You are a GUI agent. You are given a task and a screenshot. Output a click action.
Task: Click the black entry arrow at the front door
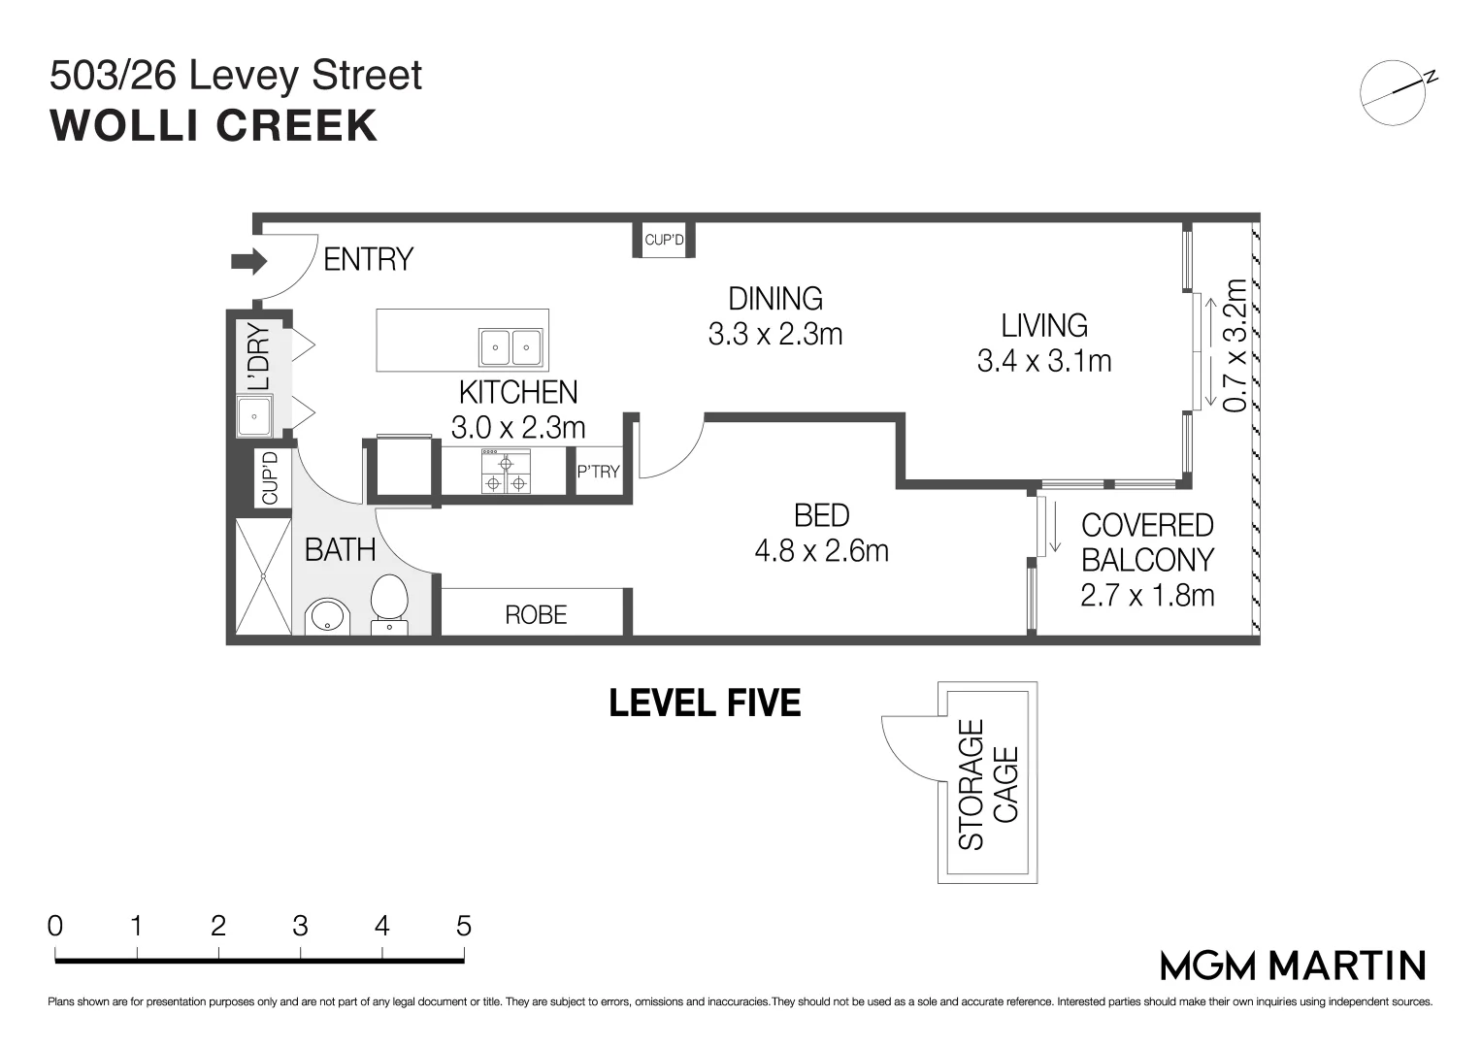[x=248, y=261]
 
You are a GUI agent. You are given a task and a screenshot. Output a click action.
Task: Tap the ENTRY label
[x=368, y=260]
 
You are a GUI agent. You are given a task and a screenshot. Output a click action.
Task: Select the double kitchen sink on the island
[x=510, y=345]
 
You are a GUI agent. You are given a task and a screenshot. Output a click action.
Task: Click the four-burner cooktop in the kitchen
[x=506, y=472]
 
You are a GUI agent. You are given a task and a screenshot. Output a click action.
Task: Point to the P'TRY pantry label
[x=598, y=472]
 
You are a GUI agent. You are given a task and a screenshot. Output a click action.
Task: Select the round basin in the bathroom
[x=327, y=616]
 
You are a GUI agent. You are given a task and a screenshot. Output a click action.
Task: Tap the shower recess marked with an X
[x=263, y=576]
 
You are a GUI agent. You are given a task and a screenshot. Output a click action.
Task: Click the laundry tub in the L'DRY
[x=255, y=417]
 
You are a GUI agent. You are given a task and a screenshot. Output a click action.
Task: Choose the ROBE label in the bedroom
[x=536, y=615]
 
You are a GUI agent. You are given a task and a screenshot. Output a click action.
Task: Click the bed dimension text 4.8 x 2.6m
[x=821, y=551]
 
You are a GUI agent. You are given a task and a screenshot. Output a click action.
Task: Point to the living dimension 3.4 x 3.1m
[x=1044, y=361]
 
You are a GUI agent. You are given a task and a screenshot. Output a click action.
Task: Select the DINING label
[x=775, y=298]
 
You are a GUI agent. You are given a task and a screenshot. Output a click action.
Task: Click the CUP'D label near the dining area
[x=664, y=240]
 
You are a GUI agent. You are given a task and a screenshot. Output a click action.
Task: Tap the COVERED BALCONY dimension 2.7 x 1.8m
[x=1147, y=595]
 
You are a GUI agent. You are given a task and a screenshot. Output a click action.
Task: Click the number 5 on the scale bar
[x=463, y=926]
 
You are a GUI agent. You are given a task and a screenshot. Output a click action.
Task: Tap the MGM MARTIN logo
[x=1293, y=966]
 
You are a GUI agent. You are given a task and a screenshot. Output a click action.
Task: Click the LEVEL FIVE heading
[x=705, y=703]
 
